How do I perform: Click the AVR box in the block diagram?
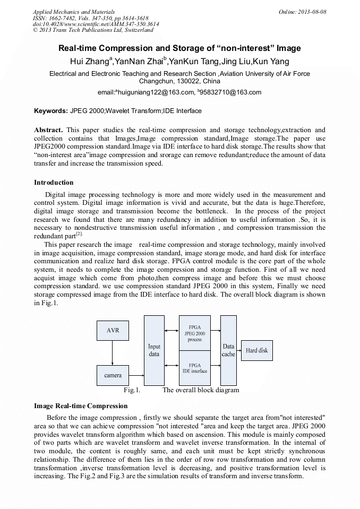113,330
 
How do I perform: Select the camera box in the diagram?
113,375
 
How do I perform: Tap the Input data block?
154,350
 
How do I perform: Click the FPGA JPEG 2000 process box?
194,333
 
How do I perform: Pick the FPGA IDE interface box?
194,368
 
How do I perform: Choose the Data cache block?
228,350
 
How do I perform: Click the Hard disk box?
256,350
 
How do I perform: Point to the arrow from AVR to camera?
113,352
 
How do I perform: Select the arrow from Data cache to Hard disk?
239,350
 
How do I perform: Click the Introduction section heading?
54,183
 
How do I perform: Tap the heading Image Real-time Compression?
81,406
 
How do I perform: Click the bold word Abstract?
48,130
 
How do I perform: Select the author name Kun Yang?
271,62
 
